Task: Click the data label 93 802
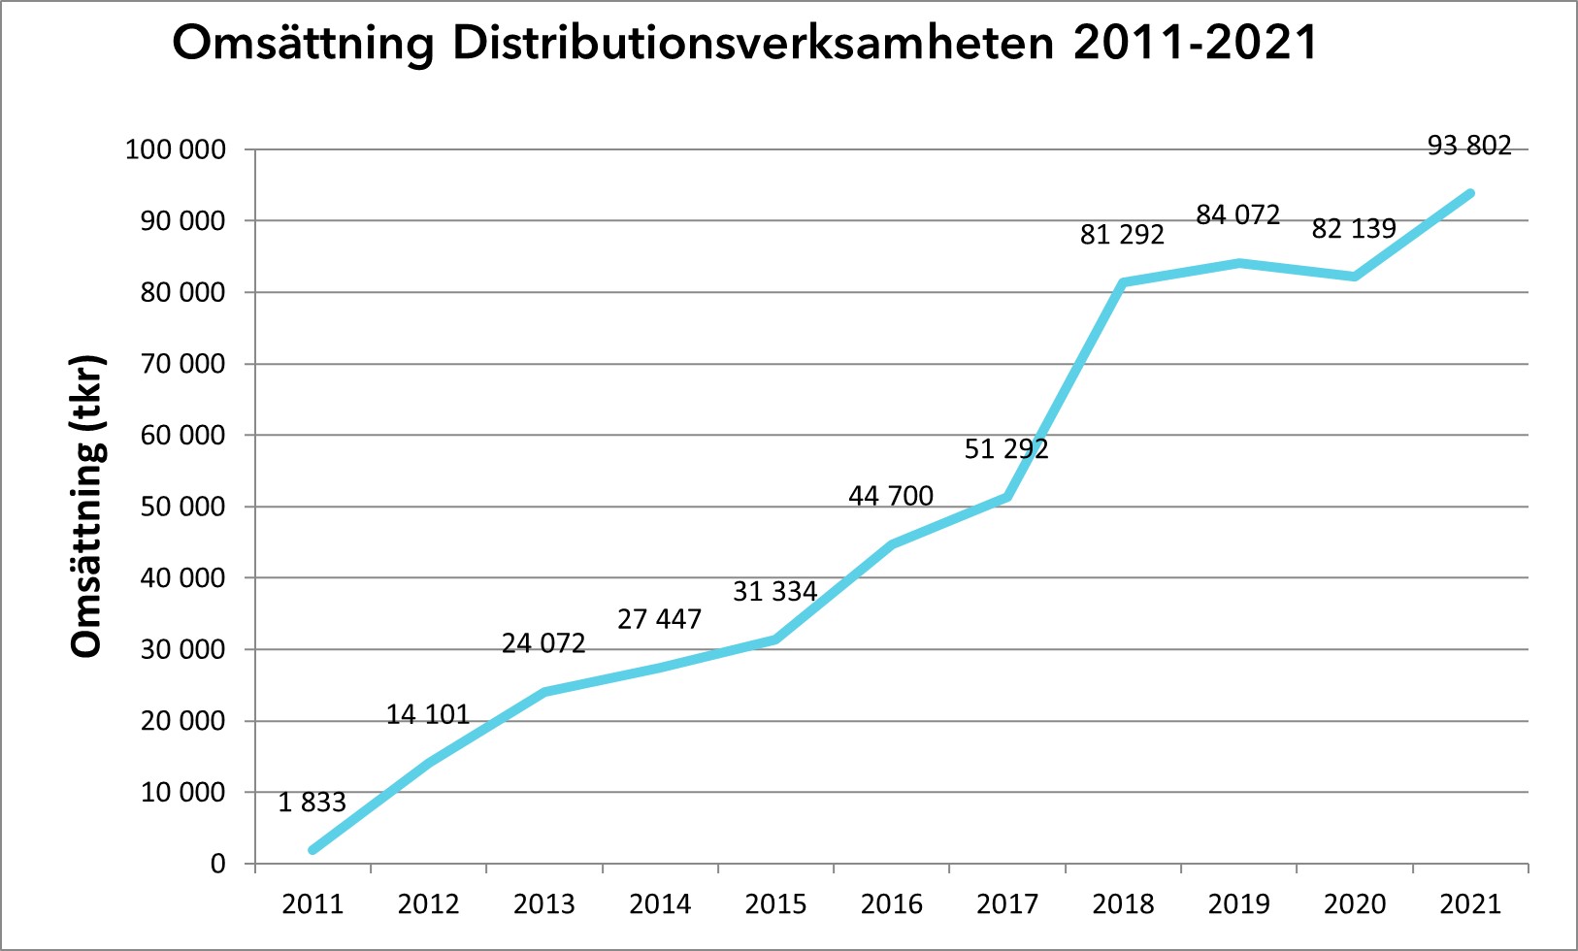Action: click(1469, 146)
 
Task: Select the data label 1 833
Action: click(312, 803)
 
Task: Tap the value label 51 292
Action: click(1006, 449)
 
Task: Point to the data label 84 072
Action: click(1237, 214)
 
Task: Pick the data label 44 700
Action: click(891, 496)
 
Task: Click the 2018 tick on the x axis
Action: click(1123, 904)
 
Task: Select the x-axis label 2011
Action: click(312, 904)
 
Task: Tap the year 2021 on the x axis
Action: click(1470, 904)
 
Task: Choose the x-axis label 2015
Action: click(775, 904)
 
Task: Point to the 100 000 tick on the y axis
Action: click(175, 150)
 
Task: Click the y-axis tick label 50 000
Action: click(182, 507)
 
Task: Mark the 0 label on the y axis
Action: click(217, 864)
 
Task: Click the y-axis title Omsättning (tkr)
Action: click(87, 507)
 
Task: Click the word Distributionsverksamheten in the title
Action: click(753, 44)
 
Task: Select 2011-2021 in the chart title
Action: click(1196, 44)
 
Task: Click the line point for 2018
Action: click(1122, 282)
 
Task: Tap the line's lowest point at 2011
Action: click(312, 850)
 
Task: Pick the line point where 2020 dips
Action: click(1354, 277)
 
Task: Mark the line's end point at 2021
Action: click(1470, 193)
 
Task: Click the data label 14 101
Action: click(427, 715)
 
